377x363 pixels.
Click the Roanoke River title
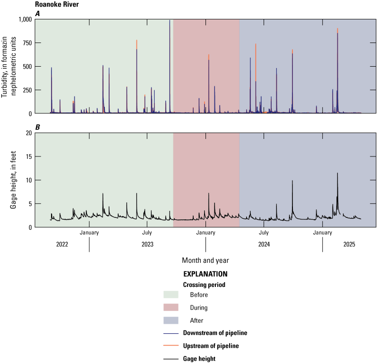[x=54, y=6]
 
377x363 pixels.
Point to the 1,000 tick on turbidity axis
[x=23, y=19]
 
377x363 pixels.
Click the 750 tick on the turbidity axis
[x=26, y=43]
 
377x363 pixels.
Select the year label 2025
[x=349, y=244]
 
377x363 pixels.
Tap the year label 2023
[x=147, y=244]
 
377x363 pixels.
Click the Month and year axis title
[x=206, y=260]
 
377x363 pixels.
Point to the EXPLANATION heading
[x=205, y=274]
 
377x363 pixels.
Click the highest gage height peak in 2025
[x=337, y=173]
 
